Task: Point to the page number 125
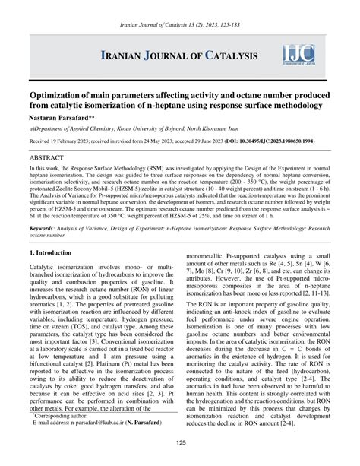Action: pyautogui.click(x=180, y=444)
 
